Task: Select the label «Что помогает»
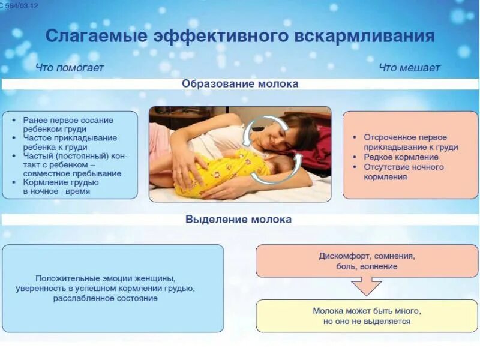[x=70, y=68]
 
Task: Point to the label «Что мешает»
[x=409, y=68]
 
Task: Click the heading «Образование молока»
[x=240, y=84]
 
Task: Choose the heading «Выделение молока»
[x=239, y=219]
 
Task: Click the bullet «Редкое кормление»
[x=401, y=157]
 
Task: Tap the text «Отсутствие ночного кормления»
[x=403, y=172]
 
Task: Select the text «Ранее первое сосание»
[x=68, y=120]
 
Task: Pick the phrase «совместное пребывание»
[x=72, y=173]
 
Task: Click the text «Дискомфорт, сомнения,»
[x=367, y=256]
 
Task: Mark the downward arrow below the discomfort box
[x=367, y=287]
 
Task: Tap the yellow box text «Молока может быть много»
[x=367, y=311]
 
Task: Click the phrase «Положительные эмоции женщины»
[x=105, y=278]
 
